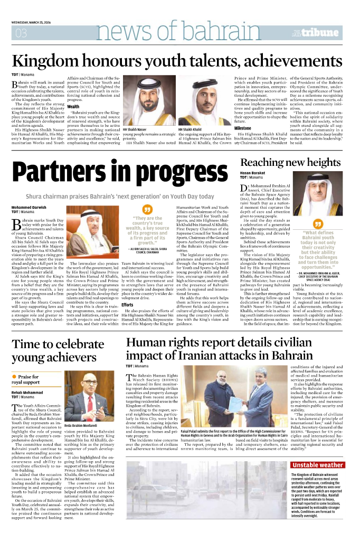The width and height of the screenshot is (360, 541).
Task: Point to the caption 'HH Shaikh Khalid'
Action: point(190,129)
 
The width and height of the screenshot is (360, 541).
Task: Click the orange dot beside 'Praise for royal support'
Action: point(14,377)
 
